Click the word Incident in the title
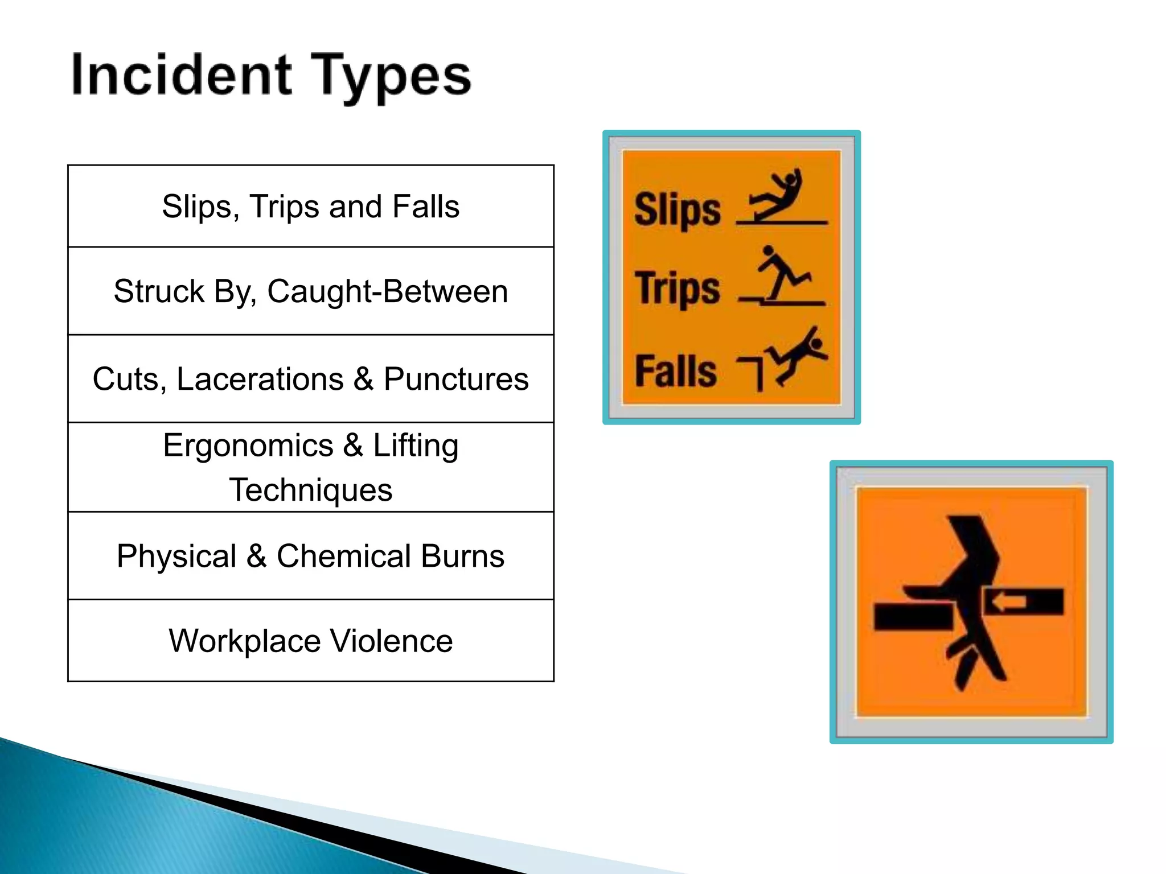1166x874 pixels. (x=182, y=75)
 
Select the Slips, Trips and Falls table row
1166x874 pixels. (x=311, y=206)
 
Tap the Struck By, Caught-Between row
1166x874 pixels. (x=311, y=291)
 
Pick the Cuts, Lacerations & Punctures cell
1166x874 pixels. (x=311, y=379)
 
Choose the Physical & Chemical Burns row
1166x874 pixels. (x=311, y=556)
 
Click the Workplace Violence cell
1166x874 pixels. (x=311, y=641)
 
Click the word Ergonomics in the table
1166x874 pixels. (x=248, y=445)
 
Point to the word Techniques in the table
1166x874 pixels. (x=311, y=490)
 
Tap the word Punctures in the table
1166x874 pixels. (x=456, y=379)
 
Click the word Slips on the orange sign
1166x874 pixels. (x=677, y=210)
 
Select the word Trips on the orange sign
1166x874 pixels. (x=677, y=288)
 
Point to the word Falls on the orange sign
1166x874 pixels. (x=675, y=371)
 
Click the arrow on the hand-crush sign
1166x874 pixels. (x=1009, y=601)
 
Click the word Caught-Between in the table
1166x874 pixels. (x=387, y=291)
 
